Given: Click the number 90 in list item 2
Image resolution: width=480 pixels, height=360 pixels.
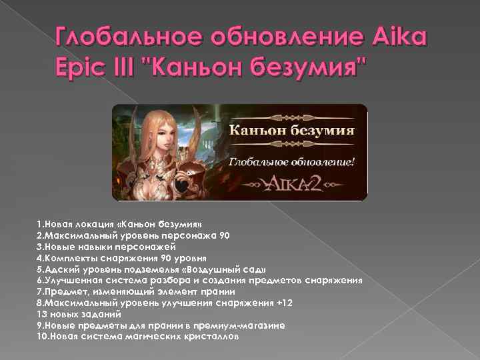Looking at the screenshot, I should pyautogui.click(x=224, y=235).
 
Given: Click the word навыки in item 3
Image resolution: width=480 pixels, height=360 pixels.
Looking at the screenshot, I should pyautogui.click(x=95, y=247).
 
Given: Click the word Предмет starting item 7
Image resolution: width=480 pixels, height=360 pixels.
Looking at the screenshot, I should pyautogui.click(x=64, y=291).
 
